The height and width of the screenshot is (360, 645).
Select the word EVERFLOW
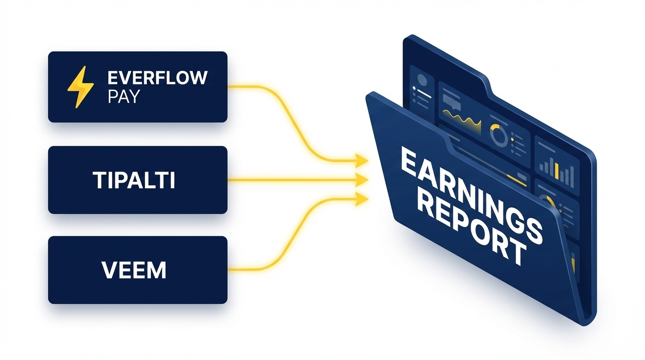157,78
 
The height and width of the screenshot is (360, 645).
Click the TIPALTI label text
134,180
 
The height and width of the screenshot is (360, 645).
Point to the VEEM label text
134,270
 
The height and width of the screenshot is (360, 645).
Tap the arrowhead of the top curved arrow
362,161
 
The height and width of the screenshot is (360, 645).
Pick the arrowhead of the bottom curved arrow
362,199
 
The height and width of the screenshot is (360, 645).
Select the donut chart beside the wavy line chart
499,135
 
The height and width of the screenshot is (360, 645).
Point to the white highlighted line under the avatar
424,94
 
